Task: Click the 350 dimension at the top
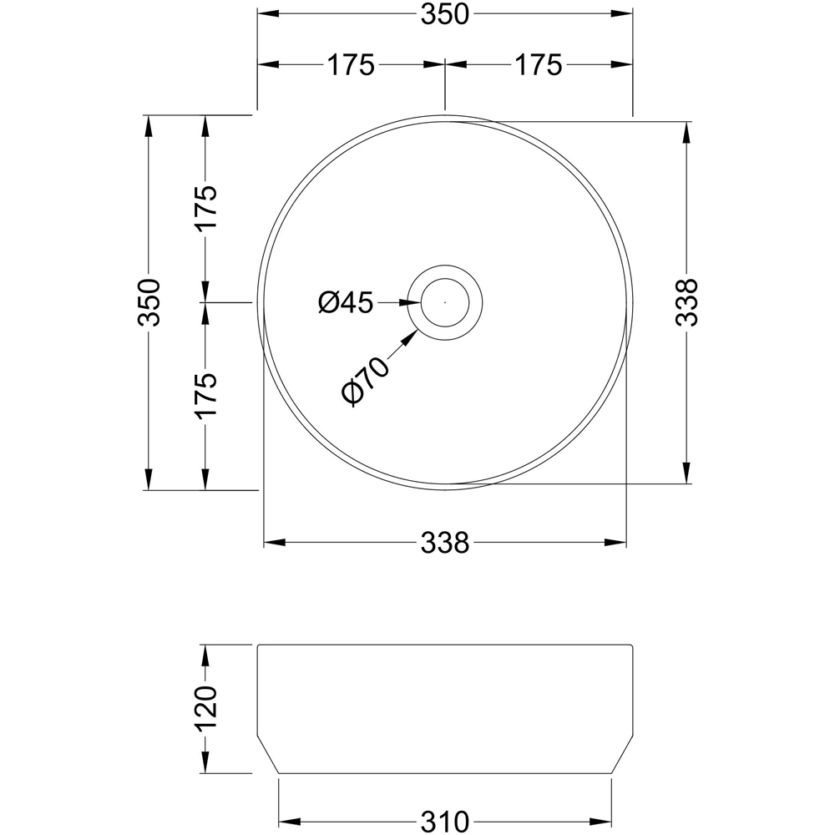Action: coord(444,14)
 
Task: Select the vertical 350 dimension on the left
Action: coord(149,302)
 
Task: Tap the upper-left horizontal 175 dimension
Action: coord(351,65)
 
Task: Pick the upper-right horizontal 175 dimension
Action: coord(539,65)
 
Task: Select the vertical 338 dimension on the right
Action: coord(686,302)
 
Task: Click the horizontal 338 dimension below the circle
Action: coord(444,544)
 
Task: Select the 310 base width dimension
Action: coord(444,821)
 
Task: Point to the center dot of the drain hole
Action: coord(445,302)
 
